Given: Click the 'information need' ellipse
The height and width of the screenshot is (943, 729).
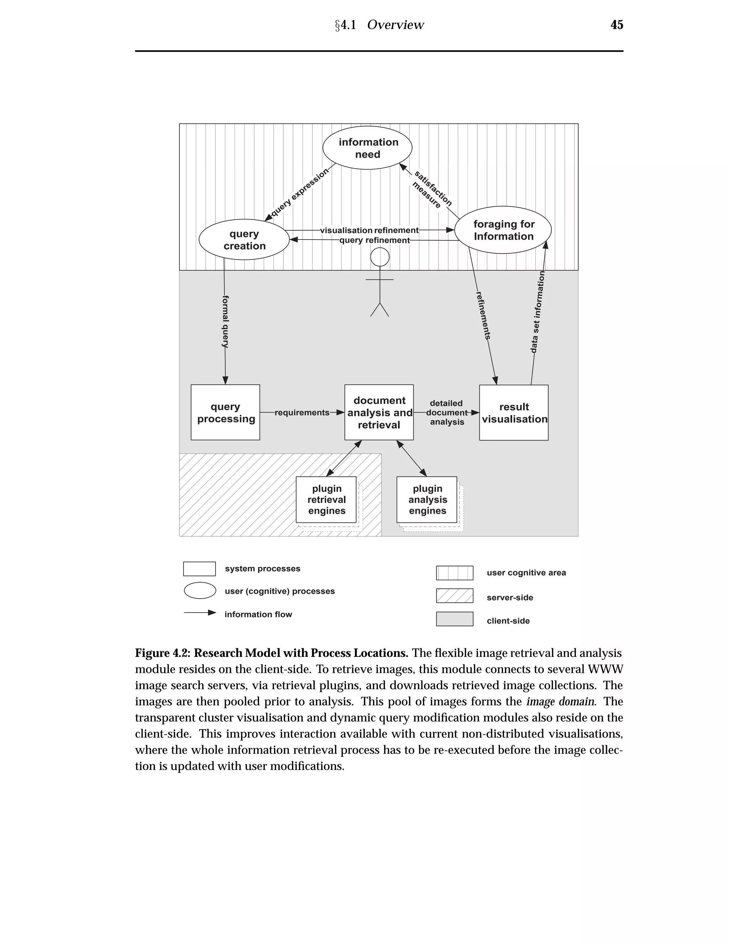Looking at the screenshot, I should pyautogui.click(x=367, y=148).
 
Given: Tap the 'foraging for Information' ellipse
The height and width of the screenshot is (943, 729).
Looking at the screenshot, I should pyautogui.click(x=503, y=230).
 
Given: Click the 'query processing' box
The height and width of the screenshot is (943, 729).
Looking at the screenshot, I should pyautogui.click(x=225, y=412).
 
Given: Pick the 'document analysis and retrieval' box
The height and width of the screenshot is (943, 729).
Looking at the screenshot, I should pyautogui.click(x=379, y=412).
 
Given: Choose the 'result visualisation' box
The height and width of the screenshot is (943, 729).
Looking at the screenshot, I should pyautogui.click(x=514, y=412).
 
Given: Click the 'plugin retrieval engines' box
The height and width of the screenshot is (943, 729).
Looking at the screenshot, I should pyautogui.click(x=326, y=500).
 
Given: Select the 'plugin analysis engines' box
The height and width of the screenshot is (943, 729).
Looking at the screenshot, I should pyautogui.click(x=427, y=500).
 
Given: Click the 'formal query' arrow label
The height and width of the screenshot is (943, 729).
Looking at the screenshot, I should pyautogui.click(x=225, y=322).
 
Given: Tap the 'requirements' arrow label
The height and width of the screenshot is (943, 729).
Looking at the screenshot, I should pyautogui.click(x=302, y=413).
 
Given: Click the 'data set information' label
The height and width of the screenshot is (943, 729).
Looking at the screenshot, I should pyautogui.click(x=538, y=312).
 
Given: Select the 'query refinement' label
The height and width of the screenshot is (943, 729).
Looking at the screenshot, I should pyautogui.click(x=374, y=241).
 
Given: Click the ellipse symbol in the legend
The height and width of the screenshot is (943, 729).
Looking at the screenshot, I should pyautogui.click(x=200, y=591).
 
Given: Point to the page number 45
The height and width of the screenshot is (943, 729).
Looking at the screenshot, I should pyautogui.click(x=617, y=25).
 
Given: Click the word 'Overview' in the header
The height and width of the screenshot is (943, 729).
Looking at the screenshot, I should pyautogui.click(x=395, y=25).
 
